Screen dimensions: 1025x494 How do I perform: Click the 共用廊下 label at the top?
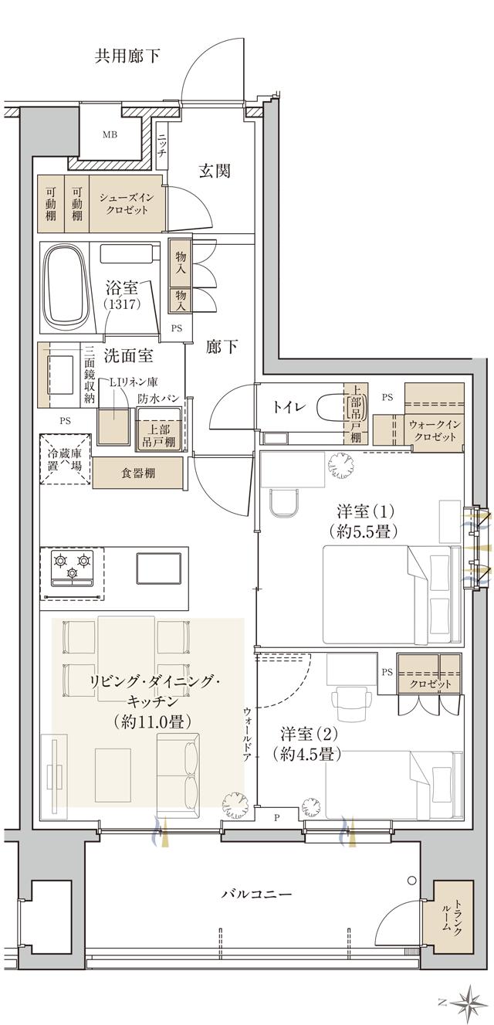(x=128, y=56)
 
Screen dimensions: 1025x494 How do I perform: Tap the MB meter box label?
(x=110, y=135)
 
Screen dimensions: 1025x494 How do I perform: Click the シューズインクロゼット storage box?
(x=127, y=203)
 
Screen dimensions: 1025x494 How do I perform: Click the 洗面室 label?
(x=128, y=356)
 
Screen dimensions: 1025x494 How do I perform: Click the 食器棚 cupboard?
(x=138, y=473)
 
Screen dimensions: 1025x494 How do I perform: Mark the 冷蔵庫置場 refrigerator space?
(x=65, y=462)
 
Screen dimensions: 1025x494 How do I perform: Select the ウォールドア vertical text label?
(x=247, y=735)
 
